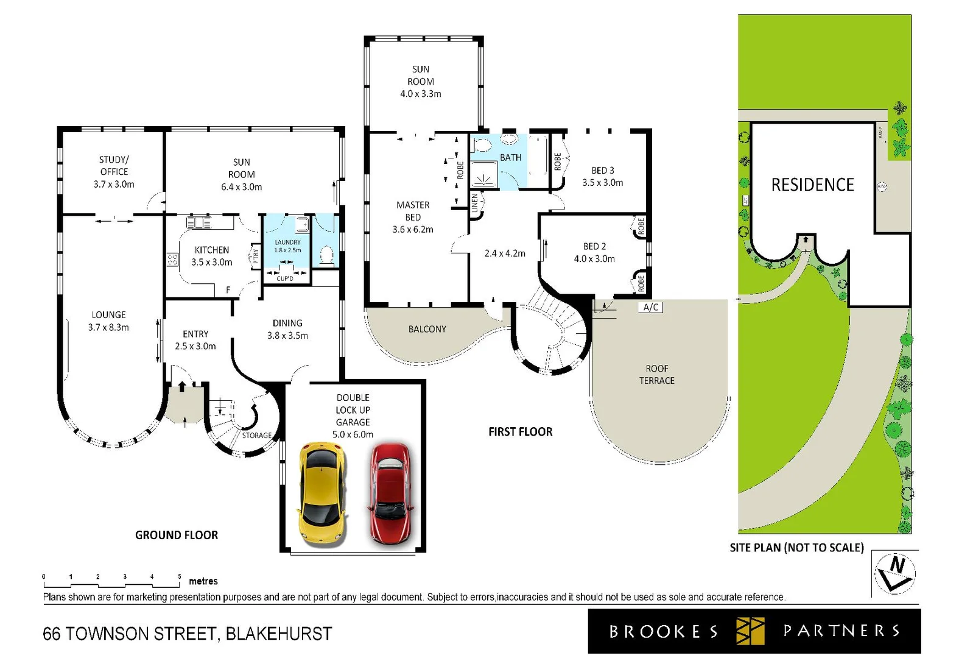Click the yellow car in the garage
click(x=323, y=493)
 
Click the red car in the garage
click(x=391, y=493)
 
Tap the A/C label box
click(x=650, y=307)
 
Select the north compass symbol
click(x=894, y=573)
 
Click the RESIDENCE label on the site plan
click(x=812, y=185)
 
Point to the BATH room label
click(x=510, y=157)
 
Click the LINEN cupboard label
click(x=475, y=203)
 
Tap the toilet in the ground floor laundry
click(x=327, y=253)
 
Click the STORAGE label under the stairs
click(x=257, y=436)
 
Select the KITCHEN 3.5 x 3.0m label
click(x=211, y=256)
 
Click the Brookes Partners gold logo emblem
click(x=750, y=631)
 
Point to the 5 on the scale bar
click(x=179, y=576)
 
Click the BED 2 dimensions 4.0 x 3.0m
click(x=594, y=259)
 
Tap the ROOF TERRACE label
click(x=656, y=375)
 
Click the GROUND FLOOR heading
click(x=177, y=535)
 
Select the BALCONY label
click(x=427, y=329)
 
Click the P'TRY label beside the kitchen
click(x=256, y=256)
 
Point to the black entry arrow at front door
click(x=182, y=386)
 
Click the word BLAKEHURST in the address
click(x=279, y=634)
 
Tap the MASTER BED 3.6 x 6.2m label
click(x=413, y=217)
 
